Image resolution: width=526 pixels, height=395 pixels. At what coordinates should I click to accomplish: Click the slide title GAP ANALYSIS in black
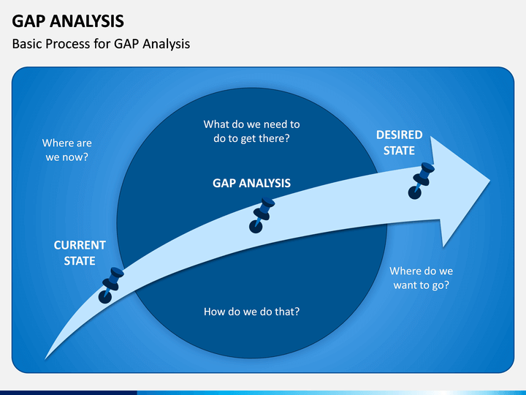click(68, 20)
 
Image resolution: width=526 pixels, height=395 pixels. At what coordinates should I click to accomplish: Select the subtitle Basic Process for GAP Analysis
click(101, 44)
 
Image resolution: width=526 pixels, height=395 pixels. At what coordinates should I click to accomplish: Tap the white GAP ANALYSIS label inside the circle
click(251, 183)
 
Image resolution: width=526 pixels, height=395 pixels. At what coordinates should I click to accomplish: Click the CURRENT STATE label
click(80, 253)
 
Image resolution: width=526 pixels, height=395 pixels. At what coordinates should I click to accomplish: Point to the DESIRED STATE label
click(399, 143)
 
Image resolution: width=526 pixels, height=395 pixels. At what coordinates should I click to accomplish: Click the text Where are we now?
click(67, 150)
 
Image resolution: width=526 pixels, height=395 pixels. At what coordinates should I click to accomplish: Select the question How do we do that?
click(251, 312)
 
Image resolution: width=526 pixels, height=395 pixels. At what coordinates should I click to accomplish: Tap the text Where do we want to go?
click(422, 278)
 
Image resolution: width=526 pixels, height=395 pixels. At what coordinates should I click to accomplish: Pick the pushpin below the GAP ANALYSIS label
click(262, 215)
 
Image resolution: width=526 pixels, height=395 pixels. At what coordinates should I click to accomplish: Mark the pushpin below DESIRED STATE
click(421, 181)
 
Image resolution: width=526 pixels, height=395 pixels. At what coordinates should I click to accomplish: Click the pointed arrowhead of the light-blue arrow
click(489, 181)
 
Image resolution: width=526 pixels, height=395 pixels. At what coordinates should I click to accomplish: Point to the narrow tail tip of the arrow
click(45, 358)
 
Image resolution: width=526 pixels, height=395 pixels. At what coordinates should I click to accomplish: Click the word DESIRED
click(399, 135)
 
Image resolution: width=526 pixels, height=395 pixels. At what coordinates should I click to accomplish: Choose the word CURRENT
click(80, 245)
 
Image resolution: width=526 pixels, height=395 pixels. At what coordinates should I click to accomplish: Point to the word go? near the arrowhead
click(441, 285)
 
